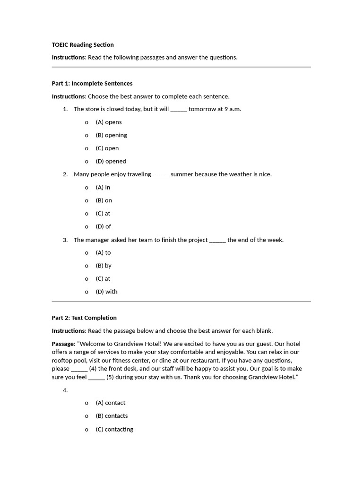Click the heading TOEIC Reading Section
(83, 45)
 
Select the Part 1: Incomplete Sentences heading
(92, 84)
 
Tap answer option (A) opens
(109, 122)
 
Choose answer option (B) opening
(111, 135)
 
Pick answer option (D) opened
(111, 161)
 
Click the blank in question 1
(179, 110)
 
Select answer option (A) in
(103, 187)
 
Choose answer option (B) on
(104, 200)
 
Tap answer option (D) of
(103, 226)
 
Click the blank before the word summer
(161, 175)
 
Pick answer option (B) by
(104, 266)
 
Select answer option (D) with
(106, 292)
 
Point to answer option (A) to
(103, 252)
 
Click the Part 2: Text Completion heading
(84, 318)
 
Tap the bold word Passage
(63, 344)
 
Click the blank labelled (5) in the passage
(97, 378)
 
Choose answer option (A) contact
(111, 403)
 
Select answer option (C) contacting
(114, 429)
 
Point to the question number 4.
(65, 390)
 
